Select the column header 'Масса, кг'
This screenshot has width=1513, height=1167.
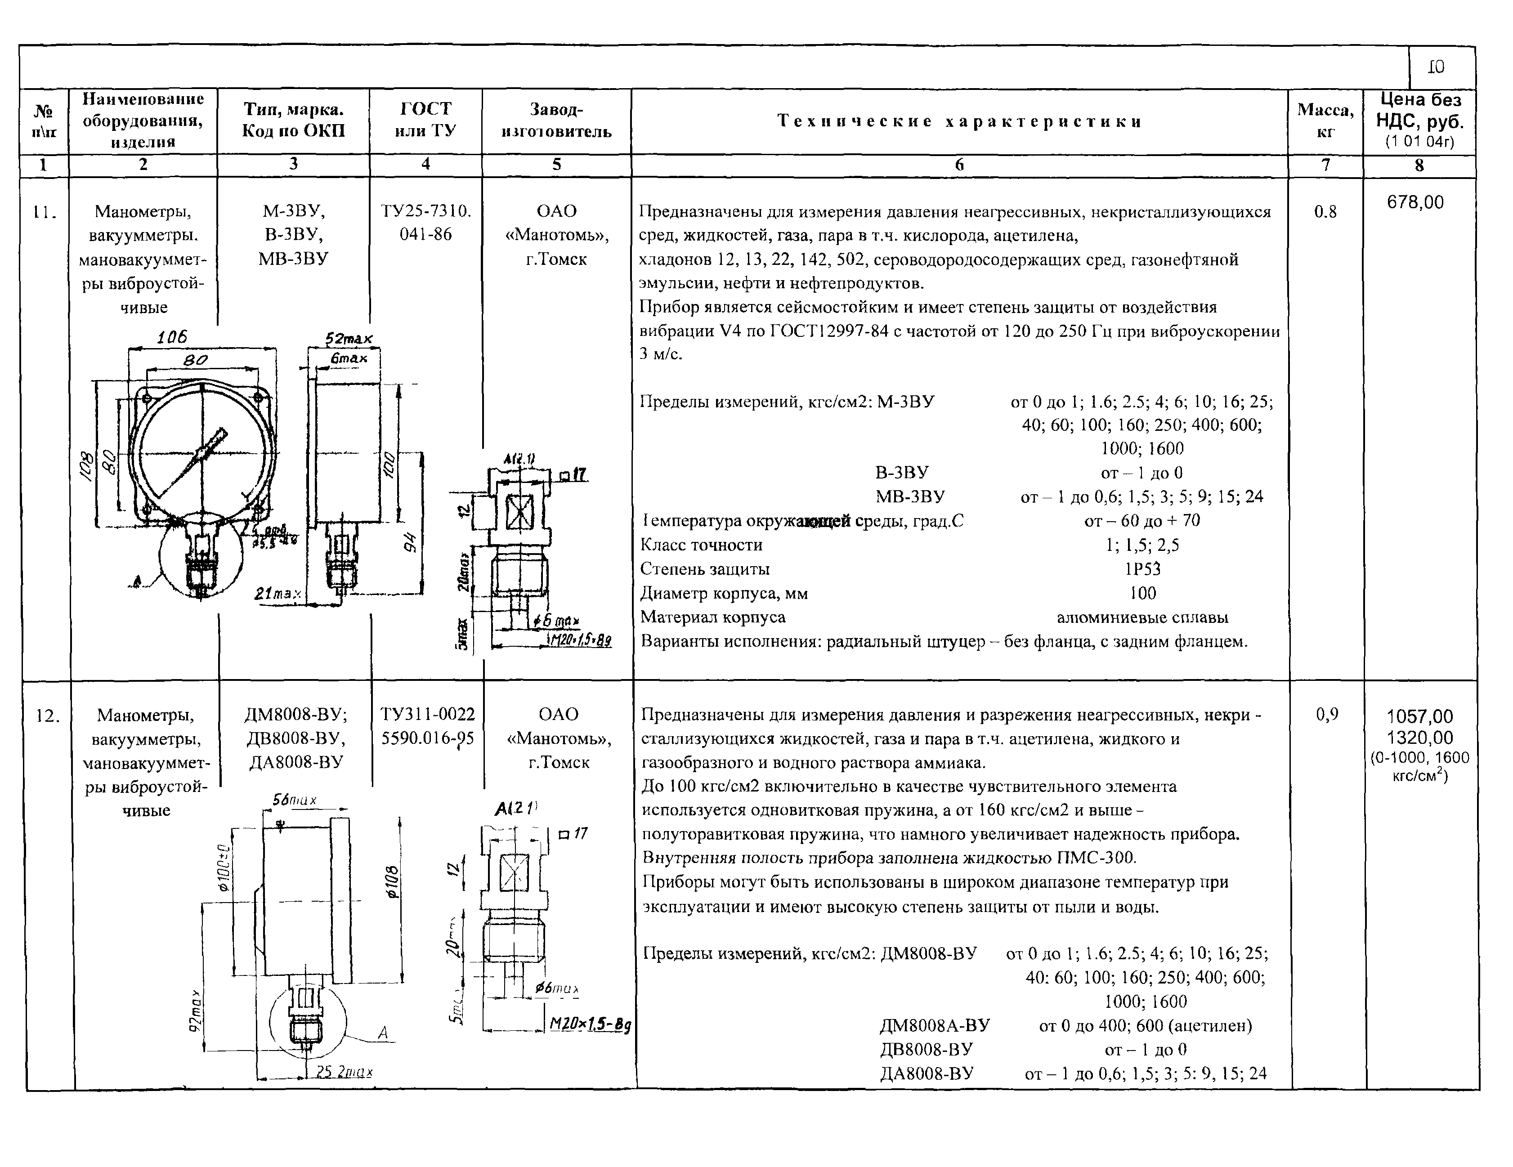pos(1325,121)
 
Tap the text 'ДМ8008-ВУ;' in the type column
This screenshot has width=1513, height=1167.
pos(296,714)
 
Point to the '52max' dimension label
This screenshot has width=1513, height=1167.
pos(349,339)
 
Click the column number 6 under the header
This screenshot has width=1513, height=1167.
pos(959,165)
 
